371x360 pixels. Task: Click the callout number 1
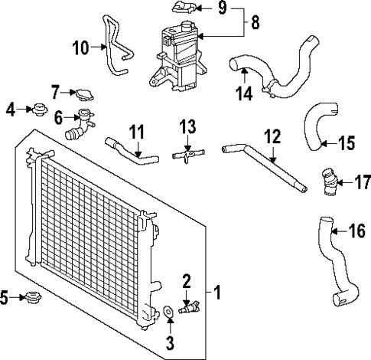(217, 292)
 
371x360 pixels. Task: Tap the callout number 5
(6, 296)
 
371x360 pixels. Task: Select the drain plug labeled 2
(188, 309)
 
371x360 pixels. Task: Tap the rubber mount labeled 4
(35, 111)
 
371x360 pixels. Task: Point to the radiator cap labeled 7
(83, 94)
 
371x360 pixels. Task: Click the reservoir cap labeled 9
(184, 9)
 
